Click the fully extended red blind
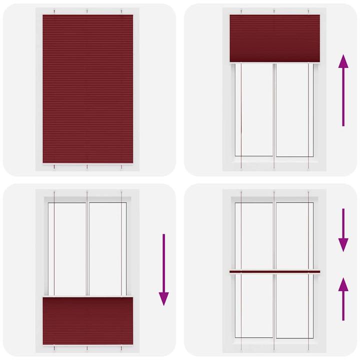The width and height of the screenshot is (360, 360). tap(87, 89)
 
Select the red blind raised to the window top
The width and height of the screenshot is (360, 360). tap(274, 37)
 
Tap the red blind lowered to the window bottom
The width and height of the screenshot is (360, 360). tap(87, 320)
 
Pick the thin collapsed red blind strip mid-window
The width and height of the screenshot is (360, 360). tap(274, 272)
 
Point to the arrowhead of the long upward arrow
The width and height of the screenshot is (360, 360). tap(343, 62)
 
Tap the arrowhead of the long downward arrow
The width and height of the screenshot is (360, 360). tap(163, 298)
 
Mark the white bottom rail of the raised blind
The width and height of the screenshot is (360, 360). tap(274, 62)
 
